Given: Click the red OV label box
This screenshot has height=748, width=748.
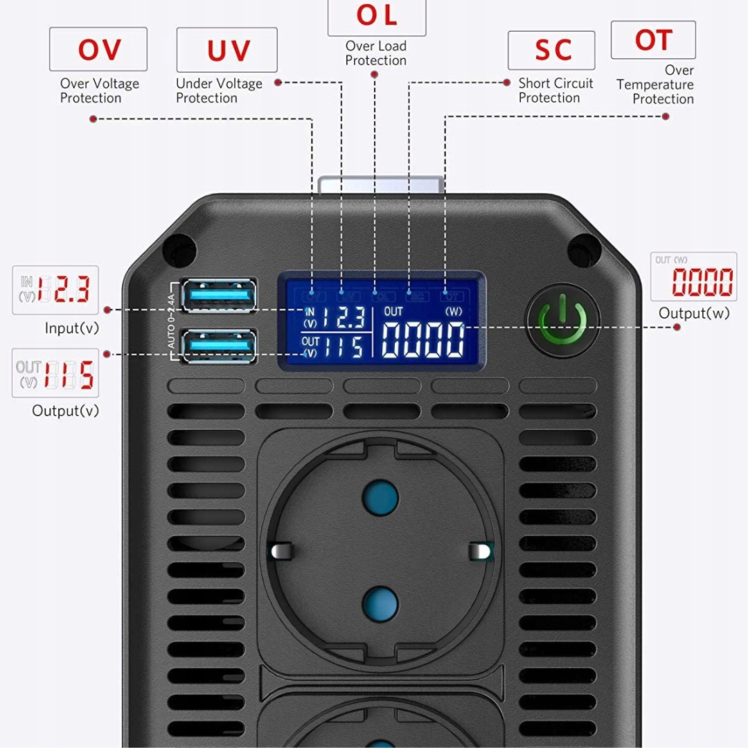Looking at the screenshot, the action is (98, 49).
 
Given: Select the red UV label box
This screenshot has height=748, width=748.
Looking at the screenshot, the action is (226, 50).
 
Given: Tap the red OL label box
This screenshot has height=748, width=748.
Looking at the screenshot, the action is (377, 16).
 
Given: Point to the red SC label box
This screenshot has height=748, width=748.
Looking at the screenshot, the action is (551, 50).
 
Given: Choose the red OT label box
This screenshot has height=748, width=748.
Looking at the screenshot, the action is (652, 40).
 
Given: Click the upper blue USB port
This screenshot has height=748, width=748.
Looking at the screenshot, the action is (218, 296).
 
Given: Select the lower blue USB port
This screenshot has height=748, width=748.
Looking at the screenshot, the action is (218, 345).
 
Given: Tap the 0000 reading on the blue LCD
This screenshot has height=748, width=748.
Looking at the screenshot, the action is (423, 339).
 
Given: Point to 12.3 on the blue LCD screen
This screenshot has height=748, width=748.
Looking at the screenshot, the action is (342, 318).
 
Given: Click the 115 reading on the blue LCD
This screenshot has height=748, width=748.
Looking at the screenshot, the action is (342, 346).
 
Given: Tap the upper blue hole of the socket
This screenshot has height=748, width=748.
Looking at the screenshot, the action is (380, 496).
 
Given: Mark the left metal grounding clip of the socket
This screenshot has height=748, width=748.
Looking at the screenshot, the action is (280, 551).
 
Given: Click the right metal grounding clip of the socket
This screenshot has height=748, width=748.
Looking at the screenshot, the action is (479, 551).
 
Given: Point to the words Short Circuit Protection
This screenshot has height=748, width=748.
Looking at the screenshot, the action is (555, 90).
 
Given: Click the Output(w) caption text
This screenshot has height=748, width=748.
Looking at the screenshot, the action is (694, 313).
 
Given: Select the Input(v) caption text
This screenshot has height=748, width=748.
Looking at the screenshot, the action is (72, 328).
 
